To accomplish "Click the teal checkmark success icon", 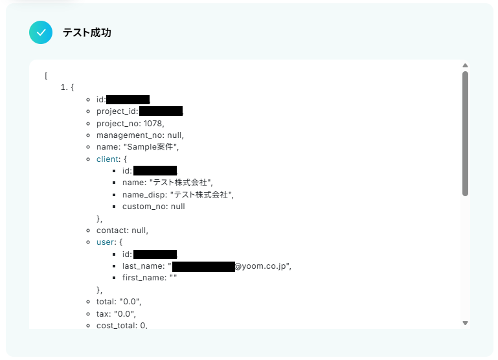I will pyautogui.click(x=41, y=32).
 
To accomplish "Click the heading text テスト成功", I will pyautogui.click(x=87, y=32).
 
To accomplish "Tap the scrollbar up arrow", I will pyautogui.click(x=465, y=65).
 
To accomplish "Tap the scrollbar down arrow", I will pyautogui.click(x=465, y=322).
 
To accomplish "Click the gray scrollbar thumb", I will pyautogui.click(x=465, y=133).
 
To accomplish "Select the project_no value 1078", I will pyautogui.click(x=153, y=123).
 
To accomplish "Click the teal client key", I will pyautogui.click(x=108, y=159).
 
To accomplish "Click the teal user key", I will pyautogui.click(x=105, y=242).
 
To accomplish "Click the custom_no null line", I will pyautogui.click(x=153, y=207).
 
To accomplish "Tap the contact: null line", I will pyautogui.click(x=122, y=230).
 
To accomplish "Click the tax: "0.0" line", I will pyautogui.click(x=116, y=313).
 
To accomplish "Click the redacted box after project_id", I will pyautogui.click(x=161, y=111).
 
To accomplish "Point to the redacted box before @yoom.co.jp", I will pyautogui.click(x=203, y=266).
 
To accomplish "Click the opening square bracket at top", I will pyautogui.click(x=47, y=76).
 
